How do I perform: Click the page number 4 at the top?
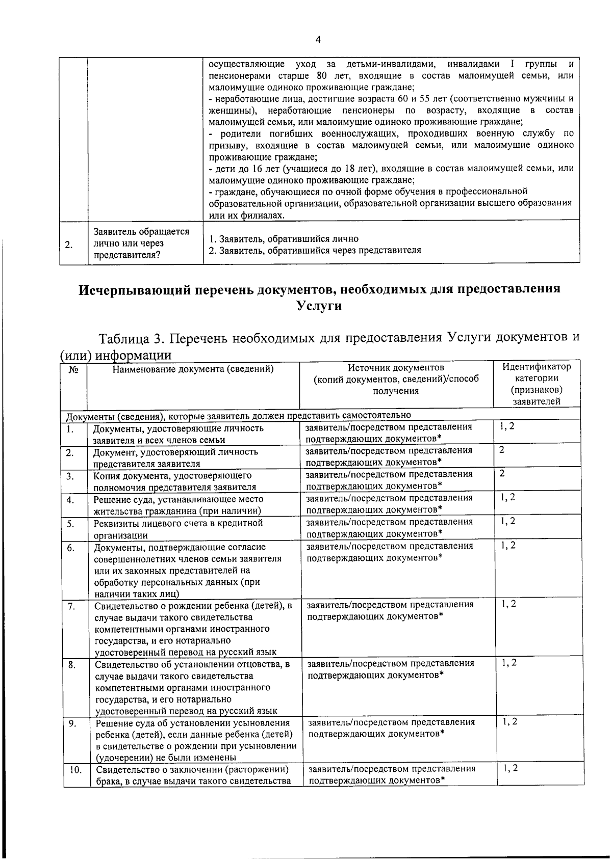click(318, 40)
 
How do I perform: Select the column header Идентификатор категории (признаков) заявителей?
click(537, 384)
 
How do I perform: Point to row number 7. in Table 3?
click(72, 606)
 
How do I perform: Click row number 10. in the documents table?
click(75, 770)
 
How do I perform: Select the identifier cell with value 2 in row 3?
click(502, 474)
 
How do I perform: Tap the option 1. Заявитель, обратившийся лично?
click(284, 239)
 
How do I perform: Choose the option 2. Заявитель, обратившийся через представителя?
click(315, 250)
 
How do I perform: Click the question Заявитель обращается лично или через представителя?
click(141, 244)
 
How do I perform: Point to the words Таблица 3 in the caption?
click(131, 338)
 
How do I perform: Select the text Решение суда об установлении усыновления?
click(193, 723)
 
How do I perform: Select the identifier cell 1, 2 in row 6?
click(508, 546)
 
